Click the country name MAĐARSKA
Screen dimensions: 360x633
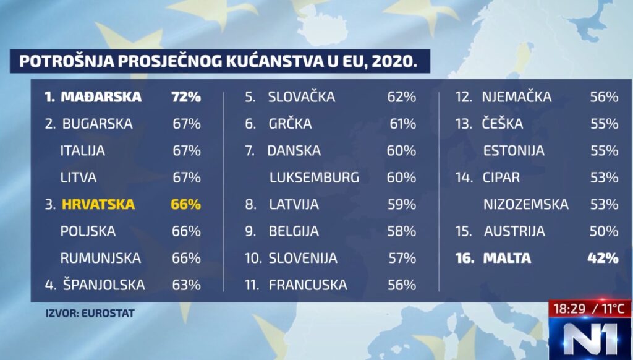coord(101,97)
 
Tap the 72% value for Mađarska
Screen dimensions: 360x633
coord(186,97)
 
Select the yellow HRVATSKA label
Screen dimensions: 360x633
coord(98,204)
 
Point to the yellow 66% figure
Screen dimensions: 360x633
coord(186,204)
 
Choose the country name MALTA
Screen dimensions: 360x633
coord(507,258)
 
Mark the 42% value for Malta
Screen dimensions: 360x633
coord(603,258)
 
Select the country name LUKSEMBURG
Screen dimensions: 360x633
coord(314,178)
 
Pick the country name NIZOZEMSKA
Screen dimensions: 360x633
coord(525,204)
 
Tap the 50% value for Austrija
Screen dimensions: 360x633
coord(604,231)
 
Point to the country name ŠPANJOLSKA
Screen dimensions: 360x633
coord(104,285)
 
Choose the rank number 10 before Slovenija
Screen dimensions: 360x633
coord(253,258)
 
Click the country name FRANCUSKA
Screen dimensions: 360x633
coord(307,285)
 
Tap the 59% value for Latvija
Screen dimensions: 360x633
coord(402,204)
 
